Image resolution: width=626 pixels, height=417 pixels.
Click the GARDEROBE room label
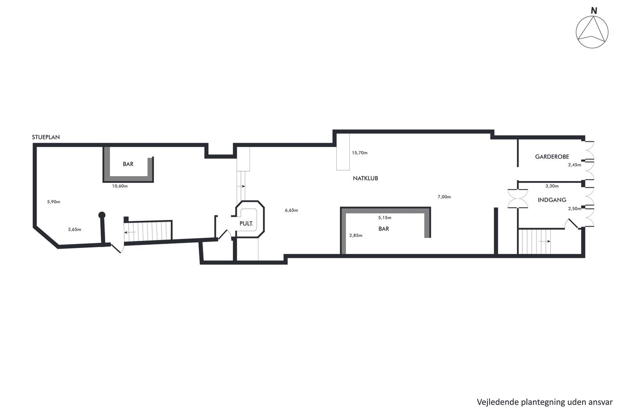(x=552, y=157)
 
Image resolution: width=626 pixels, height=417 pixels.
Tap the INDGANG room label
(x=552, y=200)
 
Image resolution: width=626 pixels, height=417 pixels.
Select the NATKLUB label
(x=365, y=178)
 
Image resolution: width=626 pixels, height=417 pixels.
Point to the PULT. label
(x=246, y=223)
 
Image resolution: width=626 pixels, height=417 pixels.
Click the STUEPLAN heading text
(x=46, y=137)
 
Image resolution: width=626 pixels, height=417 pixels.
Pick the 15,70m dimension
(x=360, y=153)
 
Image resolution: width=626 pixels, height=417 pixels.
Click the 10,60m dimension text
(x=120, y=186)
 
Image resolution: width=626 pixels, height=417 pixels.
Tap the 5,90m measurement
(x=54, y=202)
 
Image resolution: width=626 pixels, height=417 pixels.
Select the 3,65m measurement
(x=75, y=230)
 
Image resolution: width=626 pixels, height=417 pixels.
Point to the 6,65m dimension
(x=292, y=211)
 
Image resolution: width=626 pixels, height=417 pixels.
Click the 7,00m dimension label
(x=444, y=197)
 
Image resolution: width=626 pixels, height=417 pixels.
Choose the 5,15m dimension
(x=385, y=218)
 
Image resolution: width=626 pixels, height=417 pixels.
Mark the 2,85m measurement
(x=356, y=236)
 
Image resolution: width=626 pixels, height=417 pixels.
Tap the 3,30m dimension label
(x=552, y=186)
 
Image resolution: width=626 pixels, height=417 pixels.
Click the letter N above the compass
(x=594, y=11)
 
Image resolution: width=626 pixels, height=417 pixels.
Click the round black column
(x=102, y=215)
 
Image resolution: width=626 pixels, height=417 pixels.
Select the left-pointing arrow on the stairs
(x=130, y=232)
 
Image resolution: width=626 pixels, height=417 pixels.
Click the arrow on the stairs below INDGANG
(x=545, y=241)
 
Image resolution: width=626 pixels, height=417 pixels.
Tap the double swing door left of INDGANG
(x=518, y=199)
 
